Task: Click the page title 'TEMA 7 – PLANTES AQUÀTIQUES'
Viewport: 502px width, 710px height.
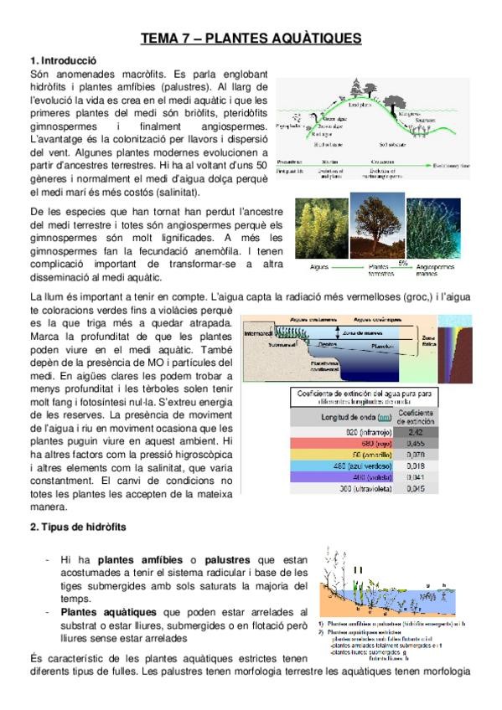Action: point(251,39)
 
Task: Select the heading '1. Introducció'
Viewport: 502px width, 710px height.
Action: point(63,61)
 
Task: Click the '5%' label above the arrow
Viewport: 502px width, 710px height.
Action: point(402,262)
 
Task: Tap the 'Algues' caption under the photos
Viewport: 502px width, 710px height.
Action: point(319,266)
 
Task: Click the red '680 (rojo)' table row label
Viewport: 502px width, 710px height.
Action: point(345,445)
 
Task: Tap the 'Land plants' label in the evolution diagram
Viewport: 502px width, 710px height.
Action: point(359,105)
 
